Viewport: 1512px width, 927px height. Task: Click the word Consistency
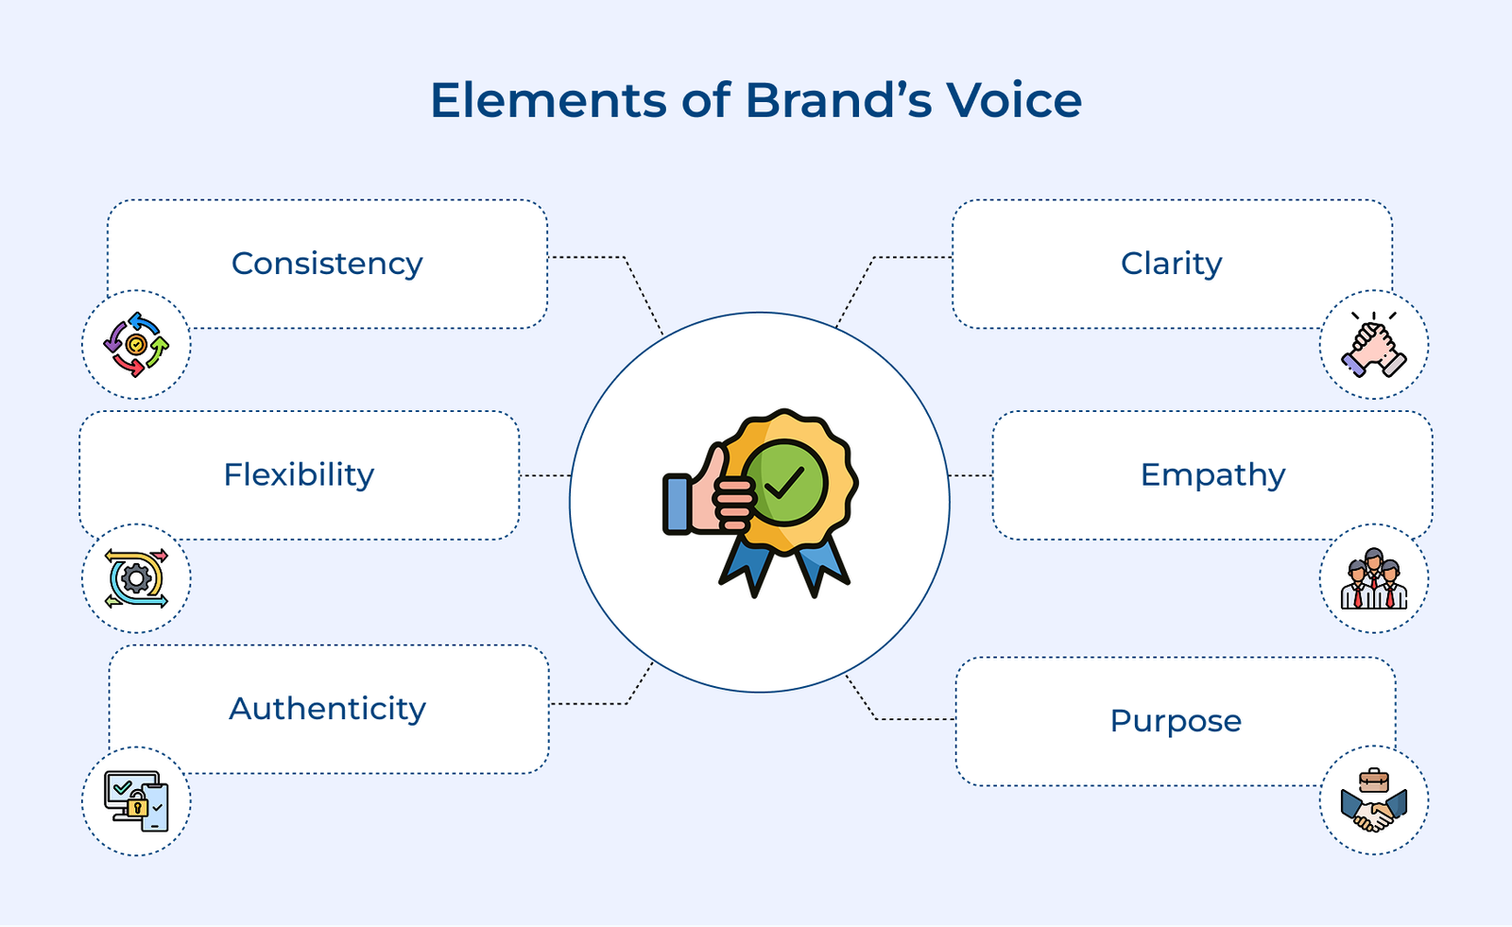click(327, 264)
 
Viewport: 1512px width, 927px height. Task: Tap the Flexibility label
click(299, 474)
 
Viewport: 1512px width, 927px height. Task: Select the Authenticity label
click(327, 709)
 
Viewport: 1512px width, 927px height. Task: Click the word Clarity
click(1171, 264)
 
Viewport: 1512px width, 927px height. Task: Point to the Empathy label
click(1212, 474)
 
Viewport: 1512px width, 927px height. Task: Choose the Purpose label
click(1176, 721)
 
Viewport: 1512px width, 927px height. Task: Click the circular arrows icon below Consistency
click(136, 345)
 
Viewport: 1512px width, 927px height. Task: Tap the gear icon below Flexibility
click(136, 578)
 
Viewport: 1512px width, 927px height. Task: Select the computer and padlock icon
click(136, 801)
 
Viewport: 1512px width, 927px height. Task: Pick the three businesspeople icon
click(1373, 578)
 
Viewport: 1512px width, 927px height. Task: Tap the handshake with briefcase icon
click(1373, 801)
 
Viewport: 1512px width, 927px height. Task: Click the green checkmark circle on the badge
click(784, 483)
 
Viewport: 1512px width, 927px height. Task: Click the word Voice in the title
click(1014, 100)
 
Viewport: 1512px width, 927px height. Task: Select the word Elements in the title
click(548, 100)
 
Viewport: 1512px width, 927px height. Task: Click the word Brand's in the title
click(839, 100)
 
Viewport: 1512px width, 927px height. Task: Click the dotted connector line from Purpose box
click(907, 719)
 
